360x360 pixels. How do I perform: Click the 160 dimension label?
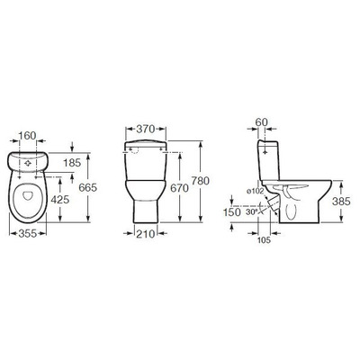click(x=27, y=136)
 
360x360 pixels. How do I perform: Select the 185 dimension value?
click(x=72, y=163)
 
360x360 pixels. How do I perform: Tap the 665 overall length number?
click(x=88, y=187)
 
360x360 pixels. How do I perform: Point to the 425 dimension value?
click(x=60, y=200)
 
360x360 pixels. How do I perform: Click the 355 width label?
click(x=28, y=233)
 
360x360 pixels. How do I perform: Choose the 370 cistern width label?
click(x=146, y=129)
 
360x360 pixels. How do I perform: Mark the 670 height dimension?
click(x=179, y=188)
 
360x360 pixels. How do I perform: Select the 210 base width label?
click(x=146, y=233)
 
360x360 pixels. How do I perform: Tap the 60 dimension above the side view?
click(x=262, y=122)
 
